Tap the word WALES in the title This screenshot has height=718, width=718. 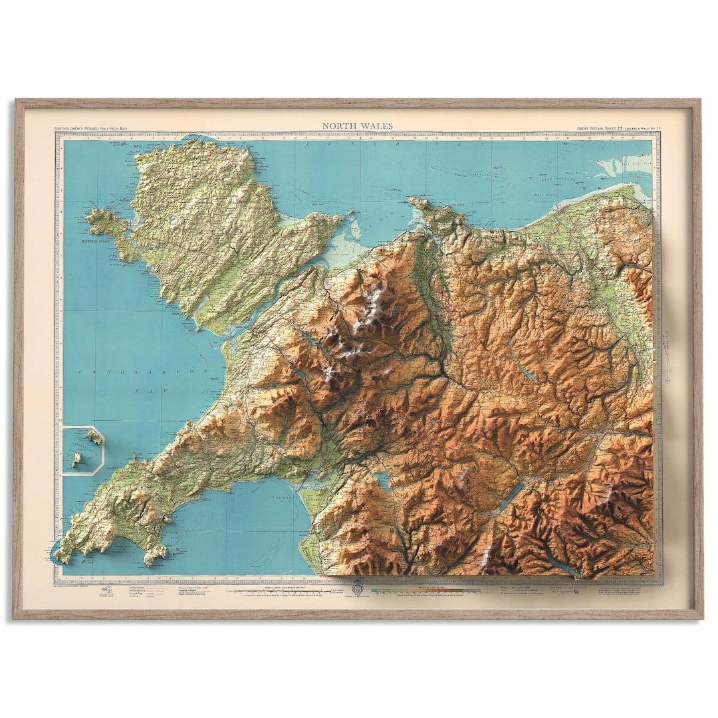pyautogui.click(x=378, y=126)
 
